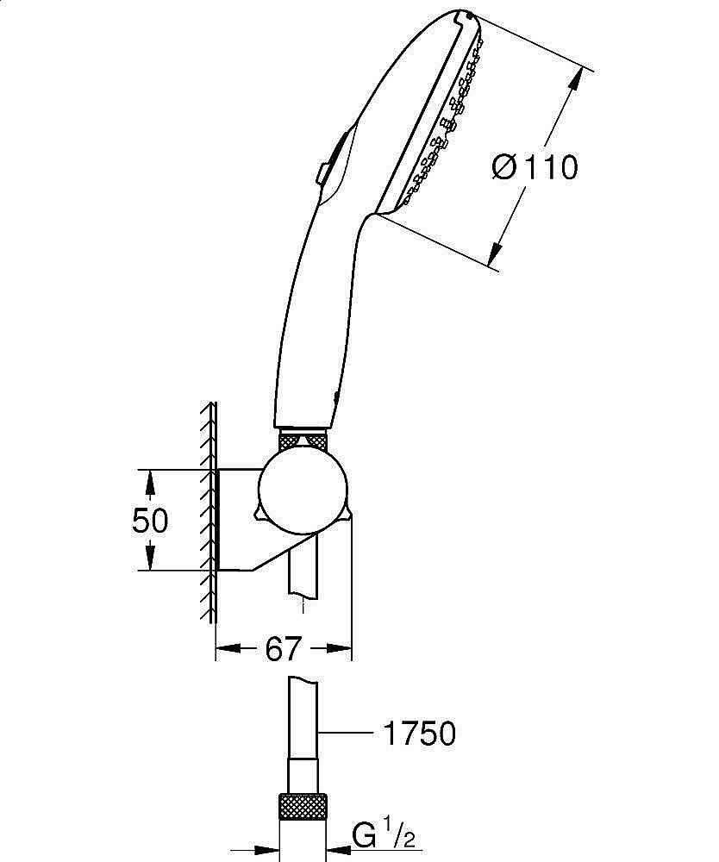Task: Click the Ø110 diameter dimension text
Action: pos(535,166)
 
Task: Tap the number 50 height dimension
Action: pos(150,521)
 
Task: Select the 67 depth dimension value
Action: pos(283,648)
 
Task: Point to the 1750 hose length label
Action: pos(418,734)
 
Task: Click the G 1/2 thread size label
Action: pos(388,834)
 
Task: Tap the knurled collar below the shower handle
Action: pos(303,441)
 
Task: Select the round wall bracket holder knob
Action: pos(304,493)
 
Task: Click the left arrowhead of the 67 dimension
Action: pos(227,648)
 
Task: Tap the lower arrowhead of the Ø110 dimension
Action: pos(494,253)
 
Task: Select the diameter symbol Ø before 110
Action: pos(505,166)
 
